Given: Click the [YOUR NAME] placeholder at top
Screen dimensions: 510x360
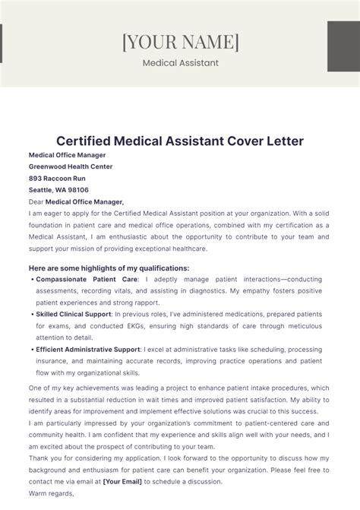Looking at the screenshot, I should point(180,41).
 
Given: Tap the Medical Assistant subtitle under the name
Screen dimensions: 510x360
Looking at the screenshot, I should point(180,63).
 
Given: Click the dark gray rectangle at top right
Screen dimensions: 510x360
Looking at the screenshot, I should point(343,52).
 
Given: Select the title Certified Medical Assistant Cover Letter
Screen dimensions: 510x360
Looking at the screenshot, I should point(180,141).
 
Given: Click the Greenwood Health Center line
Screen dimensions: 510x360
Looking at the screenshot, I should point(71,166).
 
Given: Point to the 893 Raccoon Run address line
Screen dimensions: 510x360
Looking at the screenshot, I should point(58,179).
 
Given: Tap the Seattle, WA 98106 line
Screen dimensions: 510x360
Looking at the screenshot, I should point(58,190).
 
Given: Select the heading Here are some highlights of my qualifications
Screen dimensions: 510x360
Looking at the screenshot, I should point(109,268).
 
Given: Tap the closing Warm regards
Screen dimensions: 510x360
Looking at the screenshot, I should point(52,493).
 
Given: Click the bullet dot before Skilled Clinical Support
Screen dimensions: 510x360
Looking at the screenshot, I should point(32,313).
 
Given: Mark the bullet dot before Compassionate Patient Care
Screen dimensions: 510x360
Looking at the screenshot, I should point(32,280).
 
